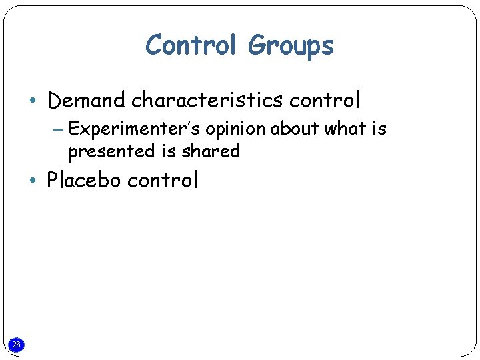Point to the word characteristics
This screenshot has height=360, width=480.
[207, 101]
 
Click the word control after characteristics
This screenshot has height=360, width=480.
[325, 101]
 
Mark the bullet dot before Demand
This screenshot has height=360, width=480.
[33, 101]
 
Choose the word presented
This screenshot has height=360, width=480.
[111, 152]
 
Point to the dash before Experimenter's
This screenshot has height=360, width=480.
[57, 129]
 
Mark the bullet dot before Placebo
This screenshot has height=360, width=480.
[33, 181]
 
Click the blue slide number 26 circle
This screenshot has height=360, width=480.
[17, 345]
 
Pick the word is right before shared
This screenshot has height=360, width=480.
[168, 151]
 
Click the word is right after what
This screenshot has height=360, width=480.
[379, 129]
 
